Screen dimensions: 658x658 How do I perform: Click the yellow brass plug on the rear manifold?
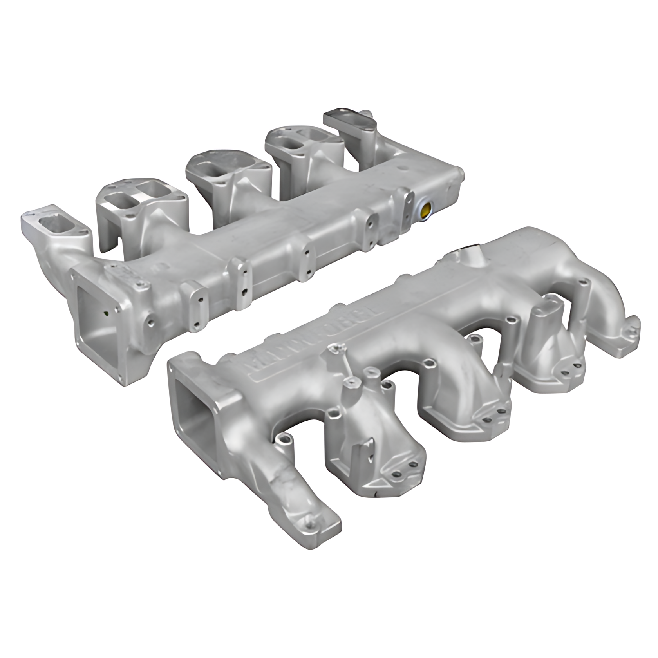[x=425, y=209]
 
